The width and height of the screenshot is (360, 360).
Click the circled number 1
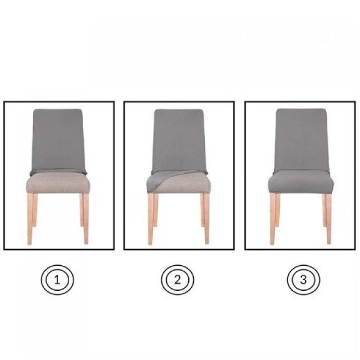[x=58, y=280]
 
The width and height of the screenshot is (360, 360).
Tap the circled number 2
[x=177, y=280]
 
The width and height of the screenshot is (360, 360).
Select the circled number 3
[x=304, y=280]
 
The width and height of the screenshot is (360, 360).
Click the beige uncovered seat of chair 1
[x=58, y=183]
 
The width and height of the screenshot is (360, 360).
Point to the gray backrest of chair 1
[x=58, y=140]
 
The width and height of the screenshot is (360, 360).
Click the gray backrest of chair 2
[x=179, y=141]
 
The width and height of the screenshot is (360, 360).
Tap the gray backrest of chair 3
[x=301, y=140]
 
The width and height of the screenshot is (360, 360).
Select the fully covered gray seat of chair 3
[x=301, y=181]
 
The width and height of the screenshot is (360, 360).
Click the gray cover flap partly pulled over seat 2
[x=161, y=179]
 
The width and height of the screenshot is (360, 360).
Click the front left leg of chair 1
[x=30, y=219]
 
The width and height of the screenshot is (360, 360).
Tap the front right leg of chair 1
[x=86, y=219]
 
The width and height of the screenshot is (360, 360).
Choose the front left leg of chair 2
[x=151, y=219]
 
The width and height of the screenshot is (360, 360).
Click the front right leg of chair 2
[x=207, y=219]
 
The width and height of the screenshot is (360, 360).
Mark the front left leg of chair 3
[x=272, y=219]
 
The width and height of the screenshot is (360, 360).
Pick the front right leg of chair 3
[x=329, y=219]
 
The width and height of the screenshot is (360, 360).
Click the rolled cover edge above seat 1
[x=58, y=172]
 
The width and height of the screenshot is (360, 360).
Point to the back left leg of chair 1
[x=35, y=210]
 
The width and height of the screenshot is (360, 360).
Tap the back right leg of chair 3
[x=324, y=210]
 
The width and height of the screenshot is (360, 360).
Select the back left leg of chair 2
[x=156, y=210]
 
